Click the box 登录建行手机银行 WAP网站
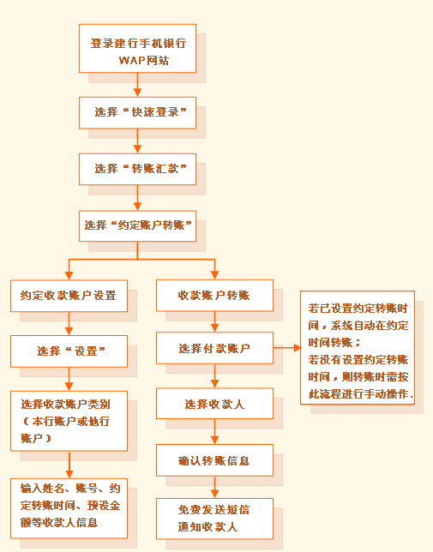137,49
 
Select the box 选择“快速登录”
137,112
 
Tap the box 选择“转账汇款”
137,169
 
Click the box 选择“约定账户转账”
137,226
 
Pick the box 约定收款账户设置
69,296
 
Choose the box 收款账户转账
214,296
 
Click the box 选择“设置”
69,351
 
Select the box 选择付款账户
214,348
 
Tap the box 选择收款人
214,404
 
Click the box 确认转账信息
214,460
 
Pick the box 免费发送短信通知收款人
214,519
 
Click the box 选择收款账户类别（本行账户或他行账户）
69,421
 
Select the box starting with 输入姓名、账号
69,508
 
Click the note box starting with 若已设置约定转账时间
358,347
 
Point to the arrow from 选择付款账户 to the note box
287,348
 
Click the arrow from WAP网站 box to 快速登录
138,85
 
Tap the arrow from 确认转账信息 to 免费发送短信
214,487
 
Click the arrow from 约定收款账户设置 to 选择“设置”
69,324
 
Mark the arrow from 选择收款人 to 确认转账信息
214,432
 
